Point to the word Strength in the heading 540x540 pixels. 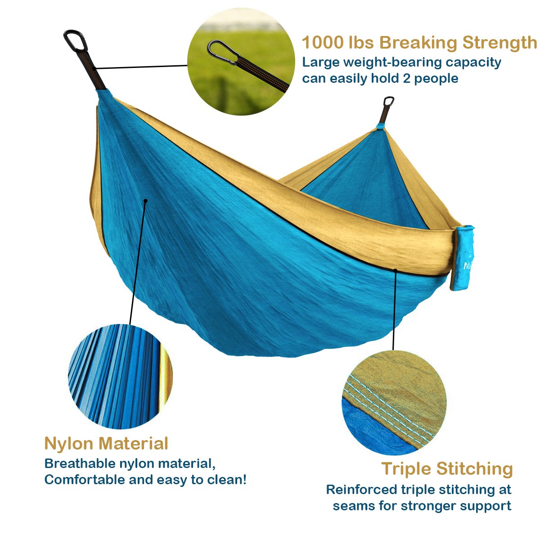[499, 42]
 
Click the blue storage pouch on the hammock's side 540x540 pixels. [463, 257]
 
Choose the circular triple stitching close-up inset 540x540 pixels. [394, 402]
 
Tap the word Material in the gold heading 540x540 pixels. [133, 443]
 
